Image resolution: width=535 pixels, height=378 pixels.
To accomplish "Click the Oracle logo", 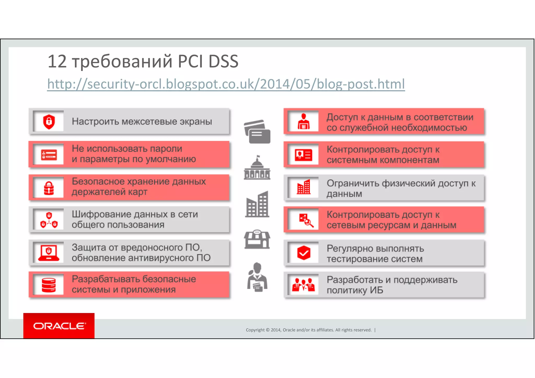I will coord(59,326).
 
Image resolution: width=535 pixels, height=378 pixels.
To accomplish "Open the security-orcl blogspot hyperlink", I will coord(226,84).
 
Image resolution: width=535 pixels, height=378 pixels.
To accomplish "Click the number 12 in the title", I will coord(57,62).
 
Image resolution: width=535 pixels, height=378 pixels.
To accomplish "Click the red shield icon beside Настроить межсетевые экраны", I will coord(49,121).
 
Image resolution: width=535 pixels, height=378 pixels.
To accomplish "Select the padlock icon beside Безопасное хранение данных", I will coord(49,188).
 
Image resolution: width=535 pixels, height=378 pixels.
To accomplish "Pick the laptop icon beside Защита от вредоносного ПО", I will coord(49,252).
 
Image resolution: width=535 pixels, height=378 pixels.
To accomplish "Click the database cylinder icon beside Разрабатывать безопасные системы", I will coord(49,285).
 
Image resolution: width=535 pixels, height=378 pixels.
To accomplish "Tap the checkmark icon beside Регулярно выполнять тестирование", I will coord(304,253).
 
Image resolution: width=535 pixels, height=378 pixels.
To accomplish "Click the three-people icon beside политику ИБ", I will coord(304,285).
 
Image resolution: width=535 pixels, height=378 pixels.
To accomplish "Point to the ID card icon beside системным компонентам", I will coord(304,155).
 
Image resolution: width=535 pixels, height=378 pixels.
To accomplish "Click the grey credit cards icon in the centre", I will coord(257,132).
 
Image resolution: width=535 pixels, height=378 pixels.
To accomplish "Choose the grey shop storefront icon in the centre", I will coord(257,239).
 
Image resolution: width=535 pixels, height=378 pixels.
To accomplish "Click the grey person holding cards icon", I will coord(257,277).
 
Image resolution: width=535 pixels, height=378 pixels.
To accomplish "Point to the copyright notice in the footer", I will coord(309,330).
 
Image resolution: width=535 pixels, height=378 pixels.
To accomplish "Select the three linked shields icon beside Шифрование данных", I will coord(49,220).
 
